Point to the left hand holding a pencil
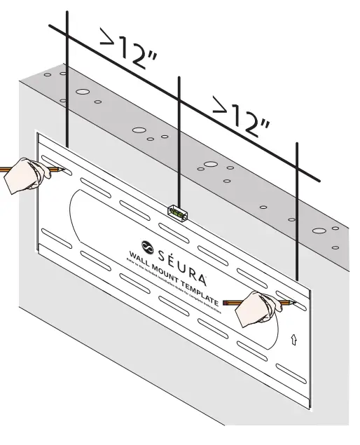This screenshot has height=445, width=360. point(25,175)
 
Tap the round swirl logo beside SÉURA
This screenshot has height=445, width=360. point(148,245)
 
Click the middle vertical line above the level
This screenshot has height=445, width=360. point(180,140)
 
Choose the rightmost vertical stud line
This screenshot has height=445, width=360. point(297,210)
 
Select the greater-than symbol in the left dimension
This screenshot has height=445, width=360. point(109,39)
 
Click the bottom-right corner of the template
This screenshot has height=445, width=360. point(309,409)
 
